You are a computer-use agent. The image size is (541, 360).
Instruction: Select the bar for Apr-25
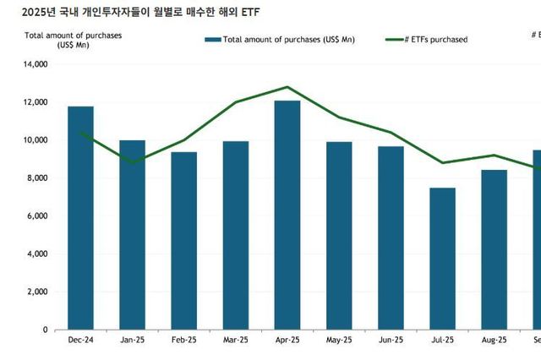point(287,215)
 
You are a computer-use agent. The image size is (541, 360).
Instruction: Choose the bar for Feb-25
point(184,241)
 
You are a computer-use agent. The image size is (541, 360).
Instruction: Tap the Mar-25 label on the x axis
point(236,340)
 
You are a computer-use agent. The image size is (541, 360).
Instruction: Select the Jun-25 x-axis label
point(391,340)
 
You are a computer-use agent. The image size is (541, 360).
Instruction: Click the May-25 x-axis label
point(339,340)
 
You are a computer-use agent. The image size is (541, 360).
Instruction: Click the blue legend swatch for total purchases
point(213,39)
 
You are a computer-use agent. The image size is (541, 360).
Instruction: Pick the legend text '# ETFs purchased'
point(438,39)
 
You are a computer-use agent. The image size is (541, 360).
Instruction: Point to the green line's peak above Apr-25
point(287,87)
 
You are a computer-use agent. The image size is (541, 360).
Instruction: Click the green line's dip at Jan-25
point(133,162)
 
